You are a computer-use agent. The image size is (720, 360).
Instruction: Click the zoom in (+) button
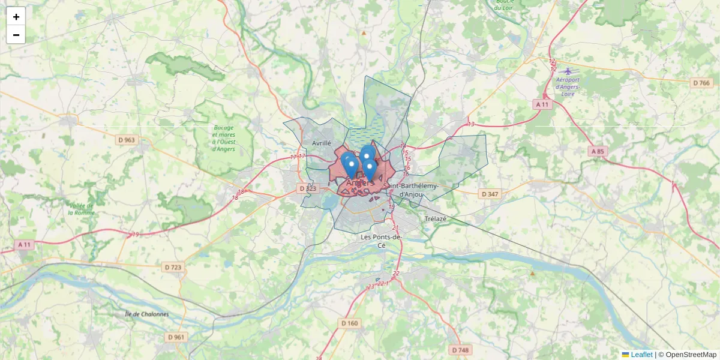(16, 17)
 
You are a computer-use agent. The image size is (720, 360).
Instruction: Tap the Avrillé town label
(322, 143)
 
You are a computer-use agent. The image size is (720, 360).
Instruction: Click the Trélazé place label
(436, 219)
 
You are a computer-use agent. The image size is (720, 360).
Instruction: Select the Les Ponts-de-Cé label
(382, 241)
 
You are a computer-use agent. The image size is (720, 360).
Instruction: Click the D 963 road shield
(127, 140)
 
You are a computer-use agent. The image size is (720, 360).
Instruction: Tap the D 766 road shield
(700, 83)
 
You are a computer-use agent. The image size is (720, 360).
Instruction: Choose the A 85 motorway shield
(597, 151)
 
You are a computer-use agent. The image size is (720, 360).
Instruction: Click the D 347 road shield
(490, 194)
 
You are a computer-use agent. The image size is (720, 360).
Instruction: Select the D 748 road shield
(460, 350)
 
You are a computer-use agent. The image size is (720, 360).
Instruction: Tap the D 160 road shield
(349, 323)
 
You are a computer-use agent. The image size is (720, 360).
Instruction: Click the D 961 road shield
(176, 337)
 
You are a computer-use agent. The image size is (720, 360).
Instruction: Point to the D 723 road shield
(173, 266)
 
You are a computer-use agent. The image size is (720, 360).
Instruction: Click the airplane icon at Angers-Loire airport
(568, 71)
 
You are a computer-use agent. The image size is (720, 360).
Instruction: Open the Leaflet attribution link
(641, 355)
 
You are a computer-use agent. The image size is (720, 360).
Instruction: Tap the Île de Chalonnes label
(146, 314)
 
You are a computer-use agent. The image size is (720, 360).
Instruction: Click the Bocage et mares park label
(224, 138)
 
